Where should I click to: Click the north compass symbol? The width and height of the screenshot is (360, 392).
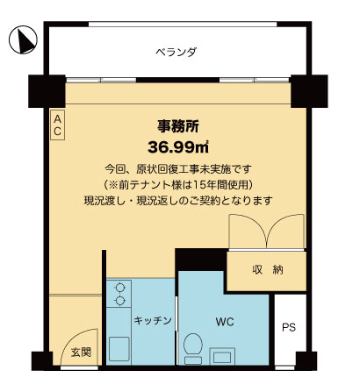tap(23, 39)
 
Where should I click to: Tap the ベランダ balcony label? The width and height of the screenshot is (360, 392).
tap(176, 52)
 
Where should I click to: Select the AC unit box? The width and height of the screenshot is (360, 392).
tap(57, 125)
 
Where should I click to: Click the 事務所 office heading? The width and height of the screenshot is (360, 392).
tap(178, 126)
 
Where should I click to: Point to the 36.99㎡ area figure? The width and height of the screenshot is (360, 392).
tap(178, 147)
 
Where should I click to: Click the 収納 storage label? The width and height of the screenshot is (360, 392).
tap(268, 269)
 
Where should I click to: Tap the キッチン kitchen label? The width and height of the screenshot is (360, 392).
tap(153, 321)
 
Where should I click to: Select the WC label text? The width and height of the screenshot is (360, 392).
tap(225, 322)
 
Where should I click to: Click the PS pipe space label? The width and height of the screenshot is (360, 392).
tap(289, 327)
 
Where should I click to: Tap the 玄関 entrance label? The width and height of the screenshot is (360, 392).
tap(81, 353)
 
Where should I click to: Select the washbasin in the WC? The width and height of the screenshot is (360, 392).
tap(222, 356)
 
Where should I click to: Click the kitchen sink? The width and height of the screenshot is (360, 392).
tap(119, 349)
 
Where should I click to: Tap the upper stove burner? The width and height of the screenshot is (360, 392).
tap(119, 288)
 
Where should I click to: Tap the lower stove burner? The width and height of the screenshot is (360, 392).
tap(119, 301)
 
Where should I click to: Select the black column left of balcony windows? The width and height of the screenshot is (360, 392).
tap(47, 91)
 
